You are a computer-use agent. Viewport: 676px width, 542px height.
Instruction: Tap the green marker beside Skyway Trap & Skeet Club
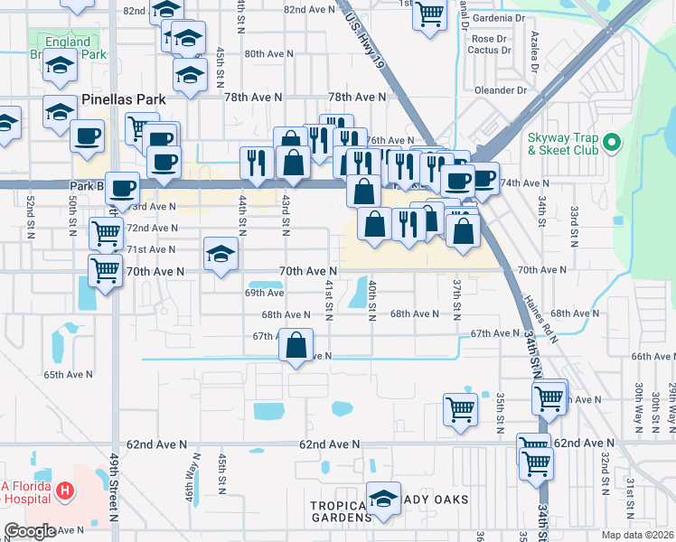click(x=611, y=143)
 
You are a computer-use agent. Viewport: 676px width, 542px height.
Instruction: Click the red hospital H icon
click(x=64, y=492)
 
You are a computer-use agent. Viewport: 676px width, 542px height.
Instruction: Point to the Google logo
click(x=30, y=531)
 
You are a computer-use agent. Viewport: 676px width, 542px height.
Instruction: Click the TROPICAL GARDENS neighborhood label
click(x=342, y=509)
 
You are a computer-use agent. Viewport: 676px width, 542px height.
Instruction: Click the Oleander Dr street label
click(x=497, y=90)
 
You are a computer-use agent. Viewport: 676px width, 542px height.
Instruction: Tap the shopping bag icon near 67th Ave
click(x=296, y=344)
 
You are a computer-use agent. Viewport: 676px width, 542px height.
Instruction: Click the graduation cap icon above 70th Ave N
click(x=220, y=254)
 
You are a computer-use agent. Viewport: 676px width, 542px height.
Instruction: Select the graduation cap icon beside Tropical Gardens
click(x=384, y=500)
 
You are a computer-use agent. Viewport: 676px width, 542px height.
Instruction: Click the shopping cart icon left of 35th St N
click(x=460, y=407)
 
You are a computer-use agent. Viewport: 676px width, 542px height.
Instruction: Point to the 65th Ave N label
click(x=68, y=374)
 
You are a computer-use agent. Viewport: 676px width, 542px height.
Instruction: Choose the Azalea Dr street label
click(x=533, y=54)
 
